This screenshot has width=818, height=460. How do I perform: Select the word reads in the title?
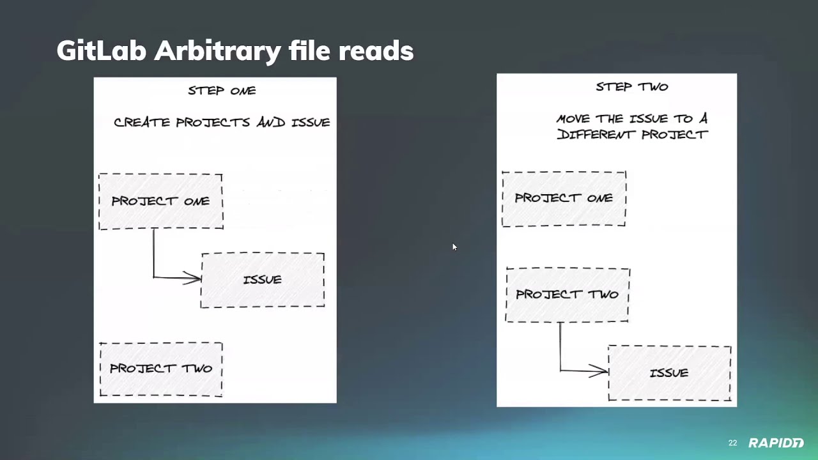tap(376, 51)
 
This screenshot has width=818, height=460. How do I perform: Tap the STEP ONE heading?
tap(222, 91)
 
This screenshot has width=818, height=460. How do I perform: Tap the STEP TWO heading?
tap(631, 87)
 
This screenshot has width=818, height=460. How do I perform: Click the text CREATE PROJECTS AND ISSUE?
tap(222, 122)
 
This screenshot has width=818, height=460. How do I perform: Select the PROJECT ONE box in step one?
tap(160, 201)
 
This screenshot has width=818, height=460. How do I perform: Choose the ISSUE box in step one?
tap(263, 280)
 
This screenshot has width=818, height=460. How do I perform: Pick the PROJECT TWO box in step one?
tap(161, 369)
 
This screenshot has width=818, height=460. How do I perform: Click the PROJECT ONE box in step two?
tap(564, 198)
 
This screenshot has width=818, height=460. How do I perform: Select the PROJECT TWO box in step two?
tap(567, 295)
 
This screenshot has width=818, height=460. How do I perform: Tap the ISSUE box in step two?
tap(669, 373)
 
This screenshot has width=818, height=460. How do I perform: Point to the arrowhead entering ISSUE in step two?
tap(601, 371)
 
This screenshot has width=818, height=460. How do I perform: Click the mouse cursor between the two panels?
tap(454, 247)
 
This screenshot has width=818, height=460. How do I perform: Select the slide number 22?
tap(732, 443)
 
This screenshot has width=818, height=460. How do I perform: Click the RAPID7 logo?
tap(776, 443)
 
